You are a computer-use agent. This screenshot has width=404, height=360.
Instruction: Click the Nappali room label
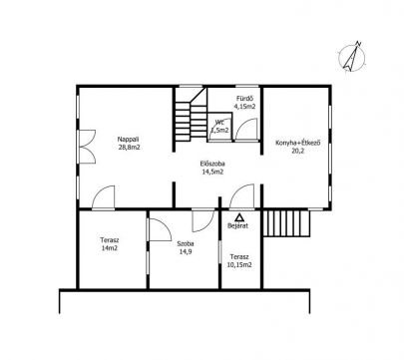128,140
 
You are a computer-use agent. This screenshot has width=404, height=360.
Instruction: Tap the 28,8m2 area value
129,147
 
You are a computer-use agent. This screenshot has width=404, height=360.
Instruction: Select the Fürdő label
245,99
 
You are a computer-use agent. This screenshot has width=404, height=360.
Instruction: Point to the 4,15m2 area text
244,107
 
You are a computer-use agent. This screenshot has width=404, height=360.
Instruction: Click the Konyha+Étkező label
297,143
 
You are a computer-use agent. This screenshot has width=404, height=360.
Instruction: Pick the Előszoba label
212,164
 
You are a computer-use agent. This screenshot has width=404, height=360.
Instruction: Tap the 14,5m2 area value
212,172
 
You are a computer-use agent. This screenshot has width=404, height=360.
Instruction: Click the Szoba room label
186,243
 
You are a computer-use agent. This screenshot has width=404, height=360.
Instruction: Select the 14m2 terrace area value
110,247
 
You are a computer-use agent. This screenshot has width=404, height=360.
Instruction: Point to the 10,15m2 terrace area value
240,265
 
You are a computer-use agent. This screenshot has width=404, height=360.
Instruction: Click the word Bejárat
237,225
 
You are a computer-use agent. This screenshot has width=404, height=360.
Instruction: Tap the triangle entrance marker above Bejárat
239,217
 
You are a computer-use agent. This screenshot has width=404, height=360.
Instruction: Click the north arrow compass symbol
352,57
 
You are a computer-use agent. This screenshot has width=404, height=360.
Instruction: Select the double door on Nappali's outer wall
87,147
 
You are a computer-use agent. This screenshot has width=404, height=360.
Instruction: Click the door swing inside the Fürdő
246,130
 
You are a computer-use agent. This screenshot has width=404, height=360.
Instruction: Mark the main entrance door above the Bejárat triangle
242,196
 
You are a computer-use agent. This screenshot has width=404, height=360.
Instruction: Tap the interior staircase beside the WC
190,114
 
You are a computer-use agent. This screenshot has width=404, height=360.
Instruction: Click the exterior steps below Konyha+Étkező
286,222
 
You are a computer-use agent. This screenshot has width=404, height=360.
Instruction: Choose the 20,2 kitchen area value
297,151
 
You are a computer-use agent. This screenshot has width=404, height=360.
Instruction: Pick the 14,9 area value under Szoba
186,251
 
